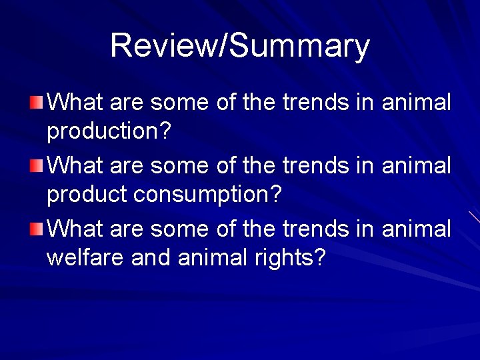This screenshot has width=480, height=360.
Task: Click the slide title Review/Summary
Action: click(x=240, y=45)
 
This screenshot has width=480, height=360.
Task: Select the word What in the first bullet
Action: click(x=75, y=103)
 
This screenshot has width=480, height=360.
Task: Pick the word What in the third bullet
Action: click(x=75, y=229)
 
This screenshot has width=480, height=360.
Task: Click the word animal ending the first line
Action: click(x=416, y=103)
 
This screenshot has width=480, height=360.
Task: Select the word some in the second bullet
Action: click(x=178, y=166)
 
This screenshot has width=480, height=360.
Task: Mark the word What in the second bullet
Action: click(x=75, y=166)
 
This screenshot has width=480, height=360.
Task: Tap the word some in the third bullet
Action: click(x=178, y=229)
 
